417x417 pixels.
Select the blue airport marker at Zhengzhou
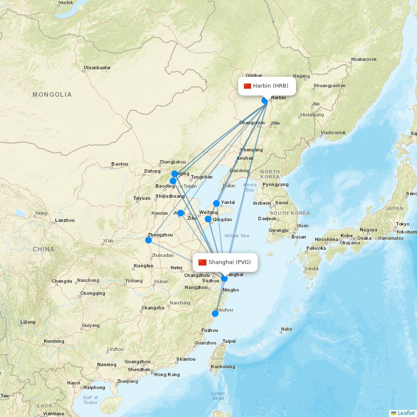148,240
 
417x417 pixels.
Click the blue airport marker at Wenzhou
215,314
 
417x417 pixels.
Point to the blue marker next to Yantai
216,203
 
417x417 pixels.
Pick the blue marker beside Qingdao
208,219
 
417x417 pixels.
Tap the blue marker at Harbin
265,100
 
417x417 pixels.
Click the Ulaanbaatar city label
97,68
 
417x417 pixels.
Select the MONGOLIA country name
52,95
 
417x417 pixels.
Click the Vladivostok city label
333,133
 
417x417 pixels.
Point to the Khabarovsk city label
364,60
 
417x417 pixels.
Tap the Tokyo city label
402,224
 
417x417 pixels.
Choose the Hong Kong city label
167,374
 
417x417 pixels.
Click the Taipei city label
229,341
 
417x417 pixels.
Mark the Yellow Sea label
236,236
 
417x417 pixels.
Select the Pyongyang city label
276,184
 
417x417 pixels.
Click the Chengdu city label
62,281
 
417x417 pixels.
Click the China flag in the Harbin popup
248,86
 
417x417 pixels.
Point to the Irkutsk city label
66,3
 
